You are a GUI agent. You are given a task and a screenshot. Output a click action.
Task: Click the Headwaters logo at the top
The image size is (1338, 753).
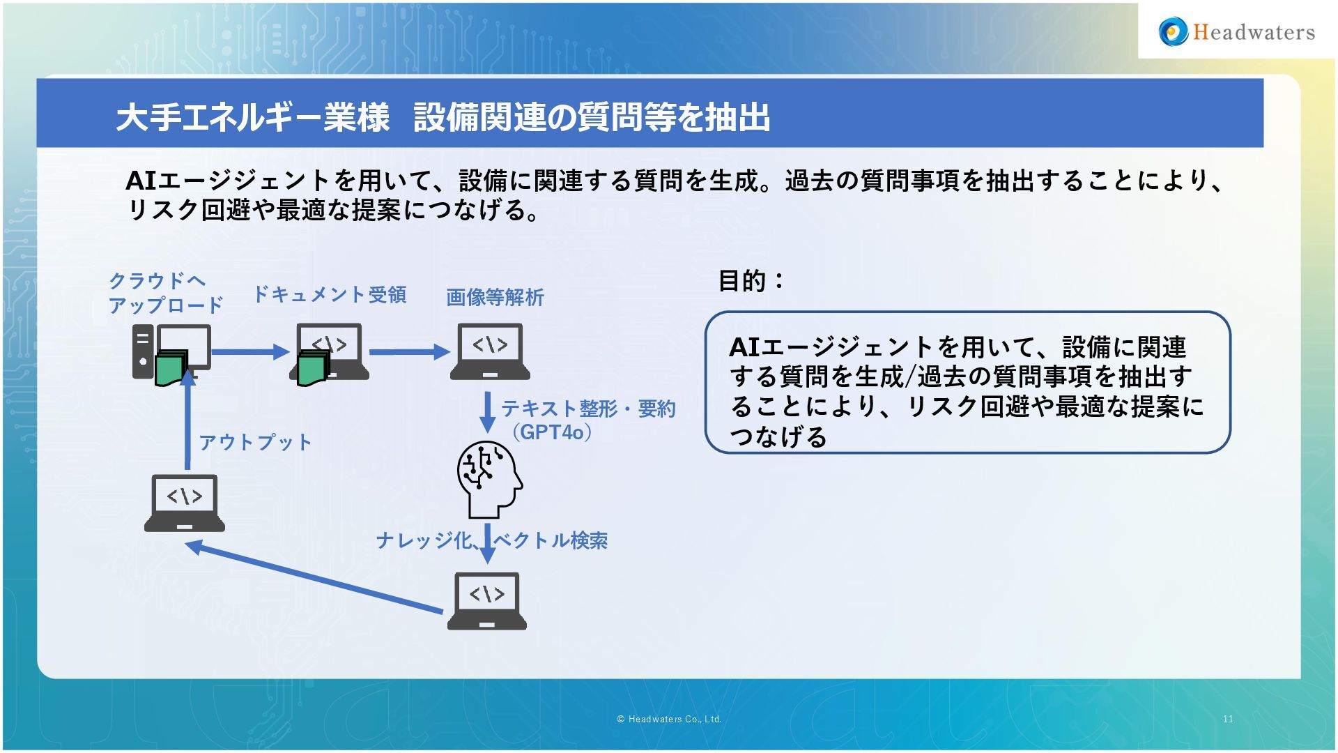pos(1237,32)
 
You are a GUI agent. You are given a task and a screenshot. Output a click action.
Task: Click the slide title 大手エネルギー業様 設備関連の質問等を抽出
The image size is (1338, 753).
pos(443,116)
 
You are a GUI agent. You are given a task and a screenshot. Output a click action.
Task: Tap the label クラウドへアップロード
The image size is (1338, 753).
pos(165,293)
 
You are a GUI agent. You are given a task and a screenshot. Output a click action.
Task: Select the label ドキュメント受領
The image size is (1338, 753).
pos(329,295)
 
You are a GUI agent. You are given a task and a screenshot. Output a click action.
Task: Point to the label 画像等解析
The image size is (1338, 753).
pos(495,298)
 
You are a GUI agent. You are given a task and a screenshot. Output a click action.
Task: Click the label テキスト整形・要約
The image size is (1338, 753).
pos(588,409)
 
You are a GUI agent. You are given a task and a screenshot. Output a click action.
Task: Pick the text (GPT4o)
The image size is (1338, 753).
pos(552,432)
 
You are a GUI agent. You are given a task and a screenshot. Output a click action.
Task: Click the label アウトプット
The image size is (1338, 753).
pos(256,442)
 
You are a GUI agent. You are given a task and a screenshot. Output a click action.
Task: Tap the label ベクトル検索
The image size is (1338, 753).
pos(551,540)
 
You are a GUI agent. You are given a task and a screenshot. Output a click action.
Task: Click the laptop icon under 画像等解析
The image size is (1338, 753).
pos(489,351)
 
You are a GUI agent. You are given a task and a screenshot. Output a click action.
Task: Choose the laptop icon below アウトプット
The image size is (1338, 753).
pos(185,503)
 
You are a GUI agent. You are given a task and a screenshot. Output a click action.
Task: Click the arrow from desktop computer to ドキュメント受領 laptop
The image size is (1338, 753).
pos(249,352)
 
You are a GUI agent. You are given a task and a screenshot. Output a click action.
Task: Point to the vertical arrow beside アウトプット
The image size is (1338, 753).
pos(187,422)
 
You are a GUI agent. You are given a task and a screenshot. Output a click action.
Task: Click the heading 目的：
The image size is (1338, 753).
pos(752,281)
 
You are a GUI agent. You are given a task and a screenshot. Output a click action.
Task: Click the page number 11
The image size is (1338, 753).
pos(1228,719)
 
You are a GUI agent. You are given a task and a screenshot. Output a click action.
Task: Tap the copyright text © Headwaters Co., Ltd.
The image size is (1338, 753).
pos(669,719)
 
